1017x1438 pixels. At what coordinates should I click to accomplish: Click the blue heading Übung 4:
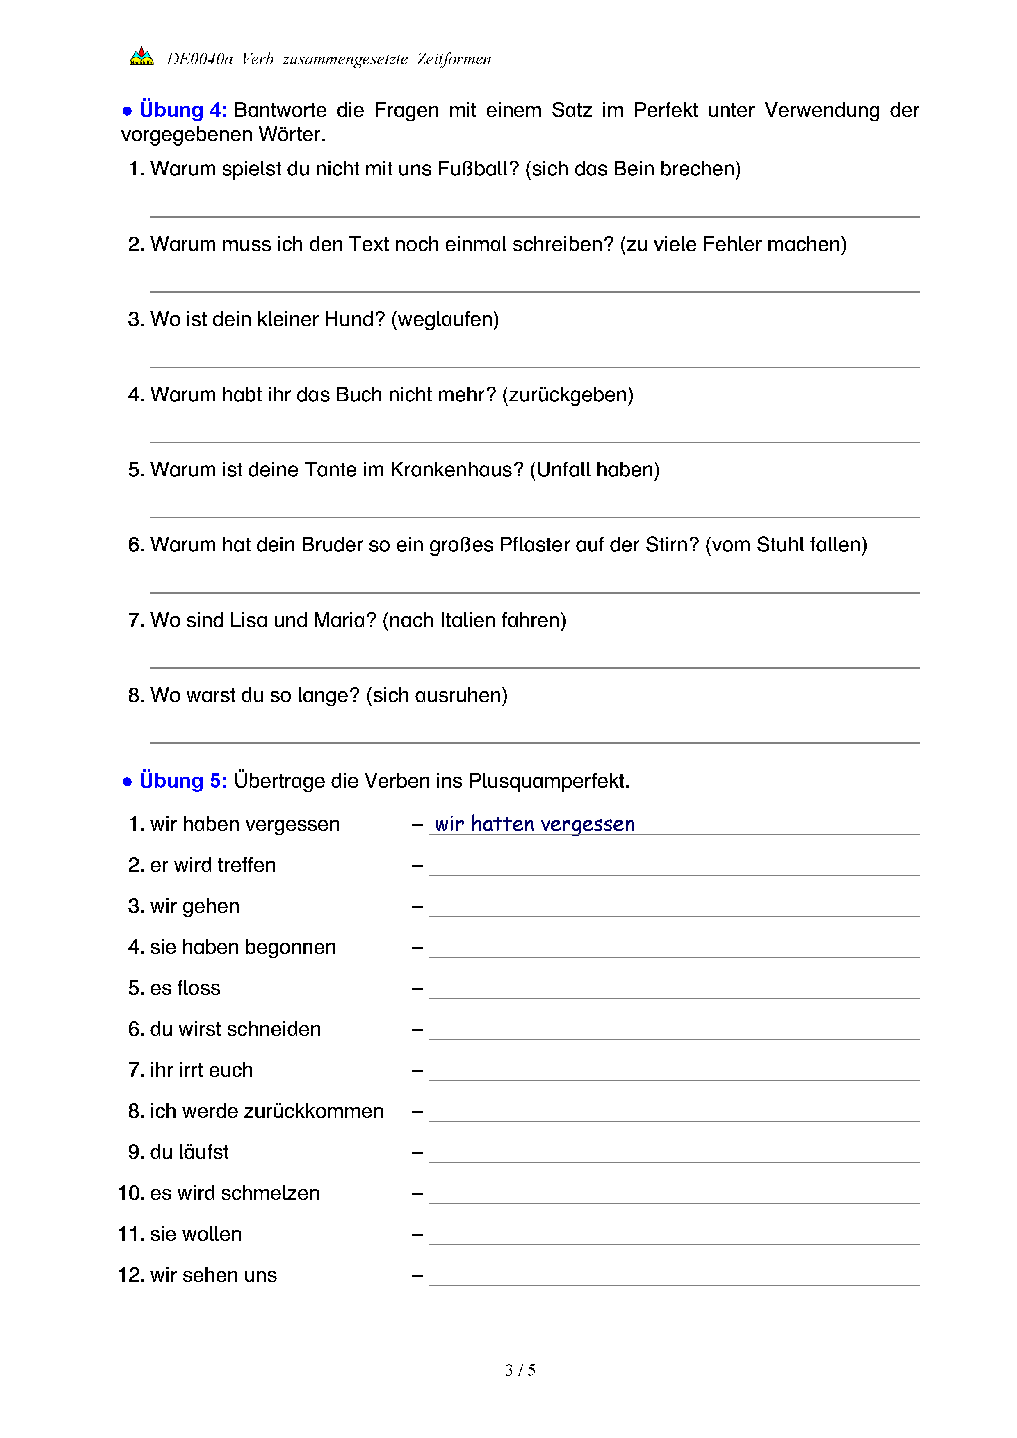click(183, 110)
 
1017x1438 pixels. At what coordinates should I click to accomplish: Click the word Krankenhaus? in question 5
click(456, 470)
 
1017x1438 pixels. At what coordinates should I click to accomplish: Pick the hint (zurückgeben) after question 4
click(568, 394)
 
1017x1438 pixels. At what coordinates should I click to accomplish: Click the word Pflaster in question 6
click(534, 545)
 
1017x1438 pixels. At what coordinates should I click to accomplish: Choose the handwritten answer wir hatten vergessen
click(534, 824)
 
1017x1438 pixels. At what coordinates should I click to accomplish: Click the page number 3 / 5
click(520, 1370)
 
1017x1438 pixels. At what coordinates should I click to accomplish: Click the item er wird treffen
click(213, 865)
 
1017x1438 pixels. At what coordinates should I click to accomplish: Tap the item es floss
click(185, 988)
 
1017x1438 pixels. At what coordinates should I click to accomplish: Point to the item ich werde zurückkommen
click(267, 1111)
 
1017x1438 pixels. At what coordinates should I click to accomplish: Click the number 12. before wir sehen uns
click(132, 1275)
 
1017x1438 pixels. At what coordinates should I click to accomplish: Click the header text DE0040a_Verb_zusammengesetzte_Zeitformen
click(329, 59)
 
